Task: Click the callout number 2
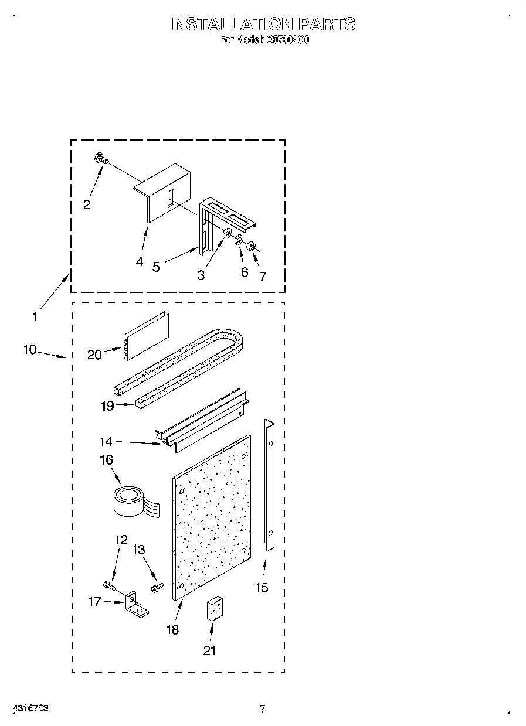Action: click(x=87, y=204)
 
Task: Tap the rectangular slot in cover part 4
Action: click(x=169, y=197)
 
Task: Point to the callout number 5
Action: click(x=155, y=267)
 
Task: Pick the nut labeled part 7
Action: click(x=250, y=246)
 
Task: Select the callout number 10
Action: click(x=30, y=350)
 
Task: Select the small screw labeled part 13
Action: click(x=156, y=587)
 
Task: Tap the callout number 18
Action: click(x=172, y=629)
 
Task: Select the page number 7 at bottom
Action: click(x=263, y=709)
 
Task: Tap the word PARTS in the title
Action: click(x=327, y=24)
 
